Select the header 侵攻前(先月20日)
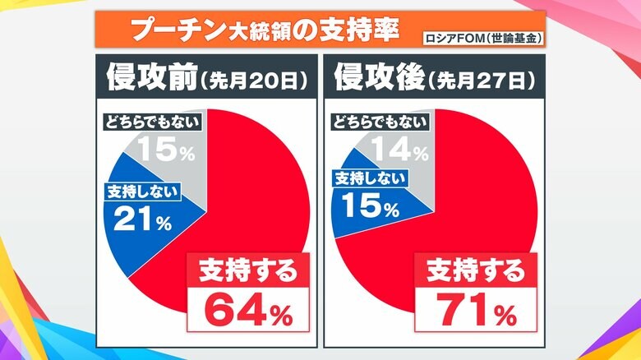coord(206,79)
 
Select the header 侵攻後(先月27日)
coord(434,79)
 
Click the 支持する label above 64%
coord(247,269)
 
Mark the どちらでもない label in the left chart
coord(154,122)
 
